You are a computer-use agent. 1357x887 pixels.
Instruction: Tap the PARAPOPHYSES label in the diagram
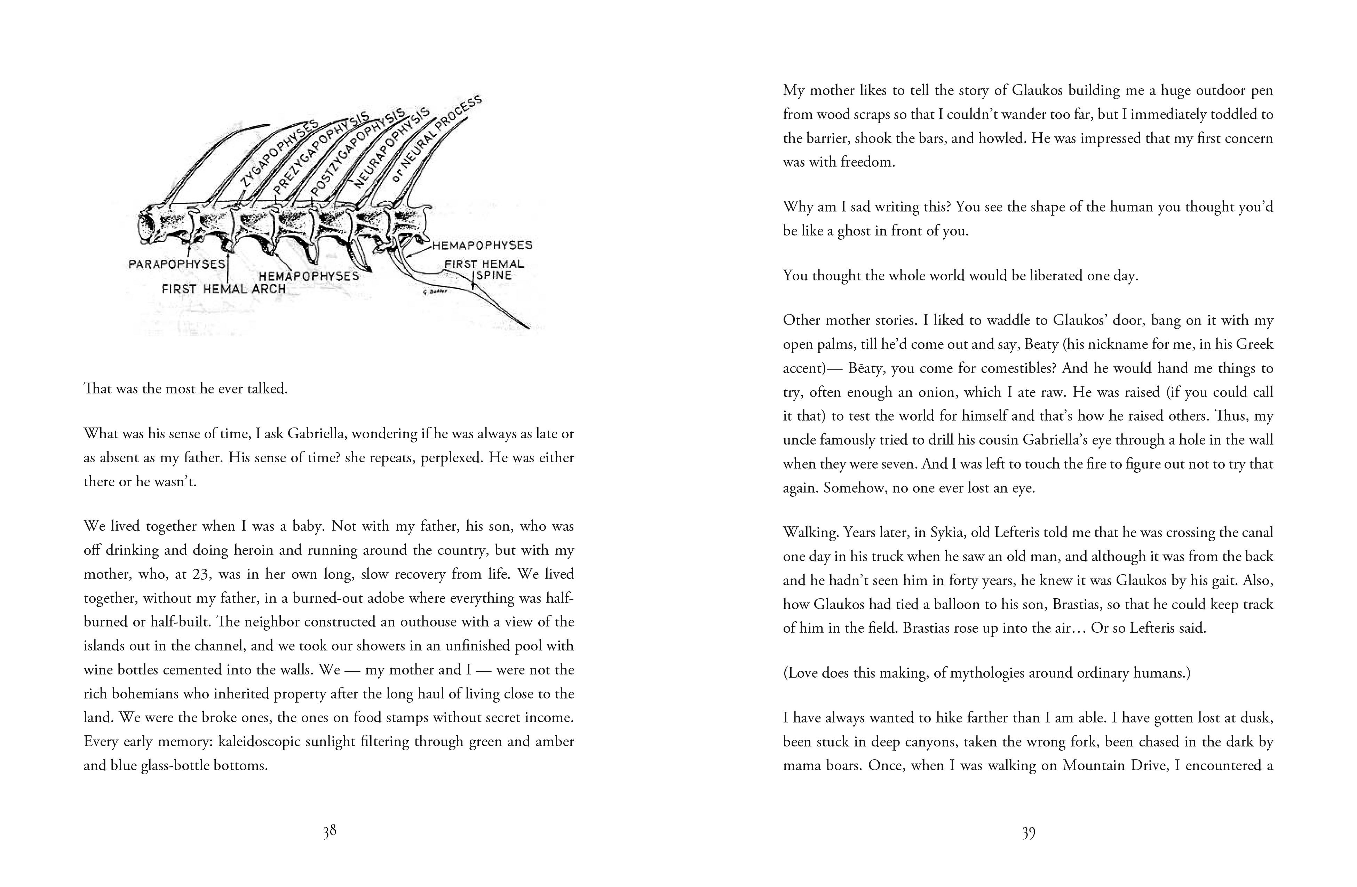point(177,264)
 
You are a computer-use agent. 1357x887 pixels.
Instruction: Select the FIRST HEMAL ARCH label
point(223,289)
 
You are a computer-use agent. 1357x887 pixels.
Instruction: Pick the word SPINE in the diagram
point(494,275)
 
